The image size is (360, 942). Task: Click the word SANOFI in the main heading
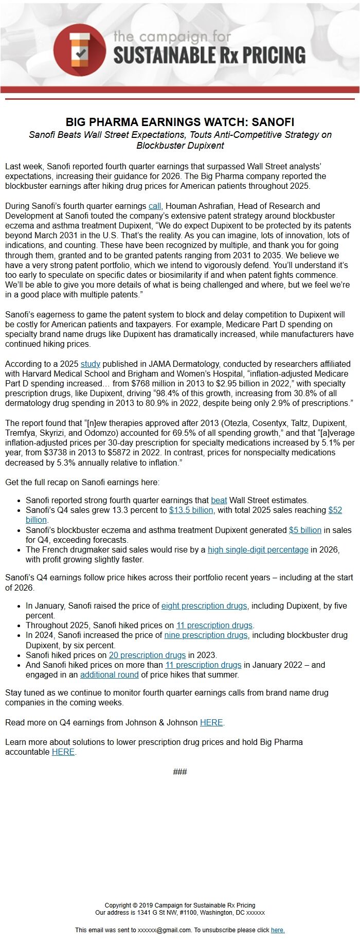273,122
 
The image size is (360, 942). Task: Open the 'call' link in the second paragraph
155,206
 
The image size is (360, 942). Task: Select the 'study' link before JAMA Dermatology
90,364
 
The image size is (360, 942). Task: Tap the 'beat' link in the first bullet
219,500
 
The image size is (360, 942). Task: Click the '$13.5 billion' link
191,510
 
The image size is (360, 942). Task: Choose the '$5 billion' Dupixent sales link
305,530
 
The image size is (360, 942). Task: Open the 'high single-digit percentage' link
258,549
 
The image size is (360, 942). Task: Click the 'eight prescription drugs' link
204,606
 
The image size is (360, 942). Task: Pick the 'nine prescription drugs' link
206,635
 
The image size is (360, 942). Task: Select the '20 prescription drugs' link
147,655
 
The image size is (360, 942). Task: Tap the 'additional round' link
109,674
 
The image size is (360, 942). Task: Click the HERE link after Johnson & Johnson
211,722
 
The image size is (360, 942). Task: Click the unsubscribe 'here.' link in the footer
278,930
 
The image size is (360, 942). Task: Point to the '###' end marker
180,771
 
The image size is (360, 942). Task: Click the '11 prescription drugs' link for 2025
214,625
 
